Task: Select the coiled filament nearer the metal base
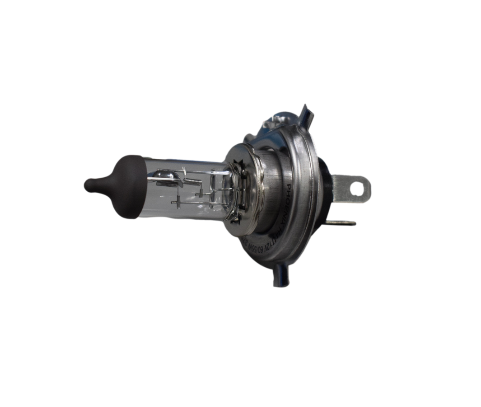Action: click(192, 181)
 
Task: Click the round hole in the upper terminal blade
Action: click(357, 187)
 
